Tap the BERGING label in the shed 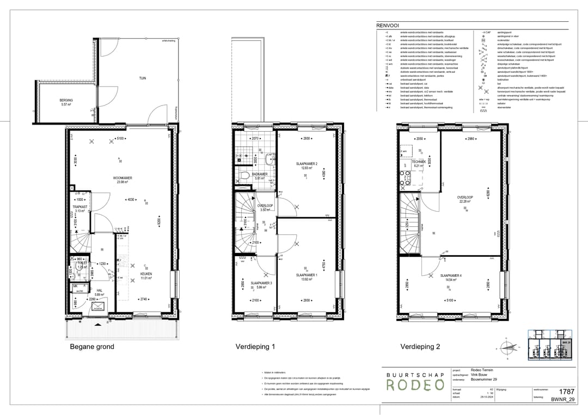point(66,101)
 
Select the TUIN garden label point(142,78)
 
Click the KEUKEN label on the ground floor point(146,274)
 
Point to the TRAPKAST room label point(81,207)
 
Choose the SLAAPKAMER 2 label point(307,164)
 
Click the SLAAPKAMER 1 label point(307,275)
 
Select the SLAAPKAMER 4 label point(452,275)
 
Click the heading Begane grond point(92,346)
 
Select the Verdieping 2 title point(420,346)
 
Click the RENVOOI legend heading point(387,25)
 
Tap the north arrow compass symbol point(508,346)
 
